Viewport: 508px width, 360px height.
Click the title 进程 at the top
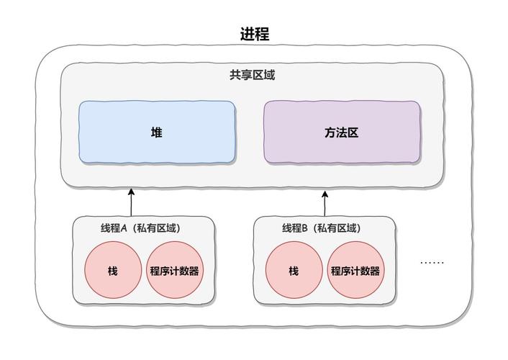(254, 34)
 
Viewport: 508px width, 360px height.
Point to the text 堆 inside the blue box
(157, 132)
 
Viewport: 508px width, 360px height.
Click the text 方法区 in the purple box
(342, 132)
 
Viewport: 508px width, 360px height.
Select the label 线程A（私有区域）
(140, 228)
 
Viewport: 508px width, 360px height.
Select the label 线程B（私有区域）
(321, 228)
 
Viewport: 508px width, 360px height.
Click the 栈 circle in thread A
(113, 271)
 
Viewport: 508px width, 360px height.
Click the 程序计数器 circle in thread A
(174, 271)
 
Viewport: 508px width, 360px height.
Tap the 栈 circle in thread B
(294, 271)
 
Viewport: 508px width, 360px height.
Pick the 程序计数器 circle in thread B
(355, 271)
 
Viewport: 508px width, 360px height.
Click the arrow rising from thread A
(131, 203)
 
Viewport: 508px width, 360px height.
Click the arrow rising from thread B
(324, 204)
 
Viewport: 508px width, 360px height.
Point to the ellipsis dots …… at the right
(432, 263)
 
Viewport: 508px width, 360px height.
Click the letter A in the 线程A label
(123, 228)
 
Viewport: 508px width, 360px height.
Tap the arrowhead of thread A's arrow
(131, 192)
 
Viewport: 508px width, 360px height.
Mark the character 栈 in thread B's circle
(294, 271)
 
